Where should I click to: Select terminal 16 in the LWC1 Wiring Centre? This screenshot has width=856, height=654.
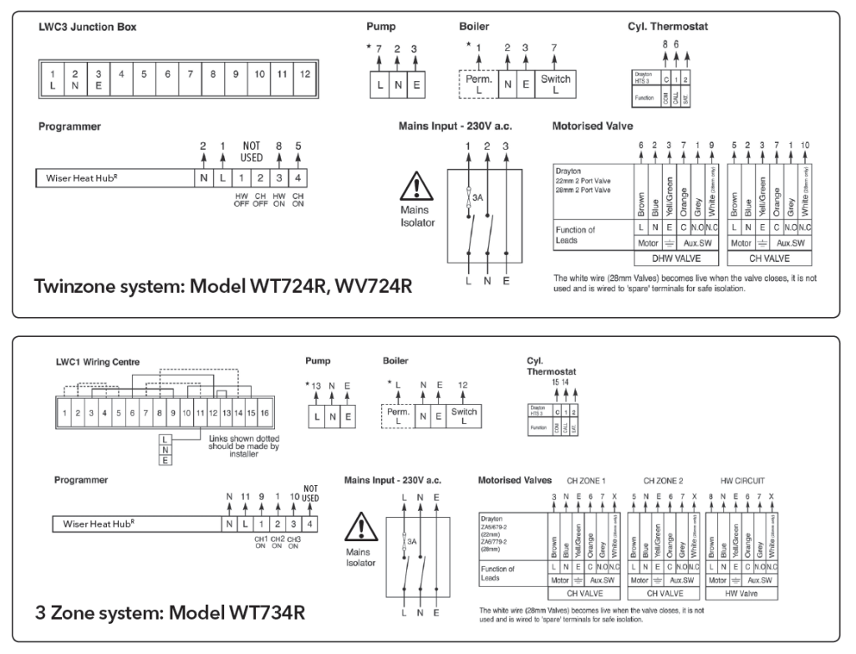265,413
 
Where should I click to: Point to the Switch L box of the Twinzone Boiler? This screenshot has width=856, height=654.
555,84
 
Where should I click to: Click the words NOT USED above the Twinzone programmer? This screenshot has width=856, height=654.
252,151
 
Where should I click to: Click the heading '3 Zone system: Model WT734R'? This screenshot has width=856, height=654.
169,612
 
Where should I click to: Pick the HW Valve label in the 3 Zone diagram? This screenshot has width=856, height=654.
741,593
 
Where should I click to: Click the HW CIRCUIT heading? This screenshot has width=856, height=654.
742,481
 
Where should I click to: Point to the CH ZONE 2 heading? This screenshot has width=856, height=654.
664,481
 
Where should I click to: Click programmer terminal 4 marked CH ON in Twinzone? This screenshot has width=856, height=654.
298,178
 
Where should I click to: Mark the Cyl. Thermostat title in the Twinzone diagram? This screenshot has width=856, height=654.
667,27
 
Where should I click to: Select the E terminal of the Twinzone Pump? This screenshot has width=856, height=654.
414,84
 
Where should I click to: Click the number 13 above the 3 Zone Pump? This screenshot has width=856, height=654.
316,386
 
